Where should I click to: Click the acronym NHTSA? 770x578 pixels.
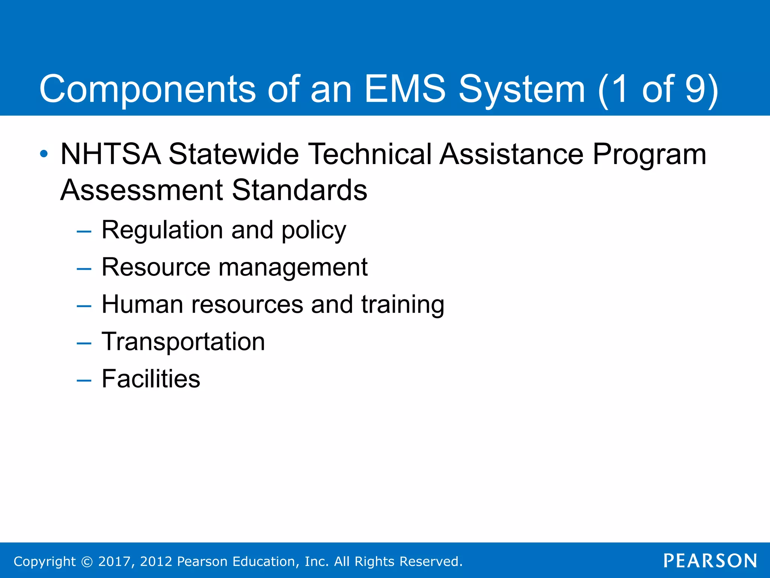tap(111, 154)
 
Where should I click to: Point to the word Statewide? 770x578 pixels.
tap(233, 154)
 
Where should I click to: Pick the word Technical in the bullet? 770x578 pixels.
tap(370, 154)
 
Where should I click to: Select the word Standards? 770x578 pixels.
tap(299, 190)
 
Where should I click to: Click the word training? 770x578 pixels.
tap(403, 305)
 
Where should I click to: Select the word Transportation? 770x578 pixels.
tap(183, 342)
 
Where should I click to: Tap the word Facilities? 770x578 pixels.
tap(151, 379)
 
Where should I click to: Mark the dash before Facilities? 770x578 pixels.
tap(84, 380)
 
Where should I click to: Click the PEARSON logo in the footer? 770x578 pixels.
tap(710, 561)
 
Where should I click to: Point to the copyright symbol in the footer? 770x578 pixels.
tap(87, 561)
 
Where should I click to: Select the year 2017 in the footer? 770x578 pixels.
tap(114, 561)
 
